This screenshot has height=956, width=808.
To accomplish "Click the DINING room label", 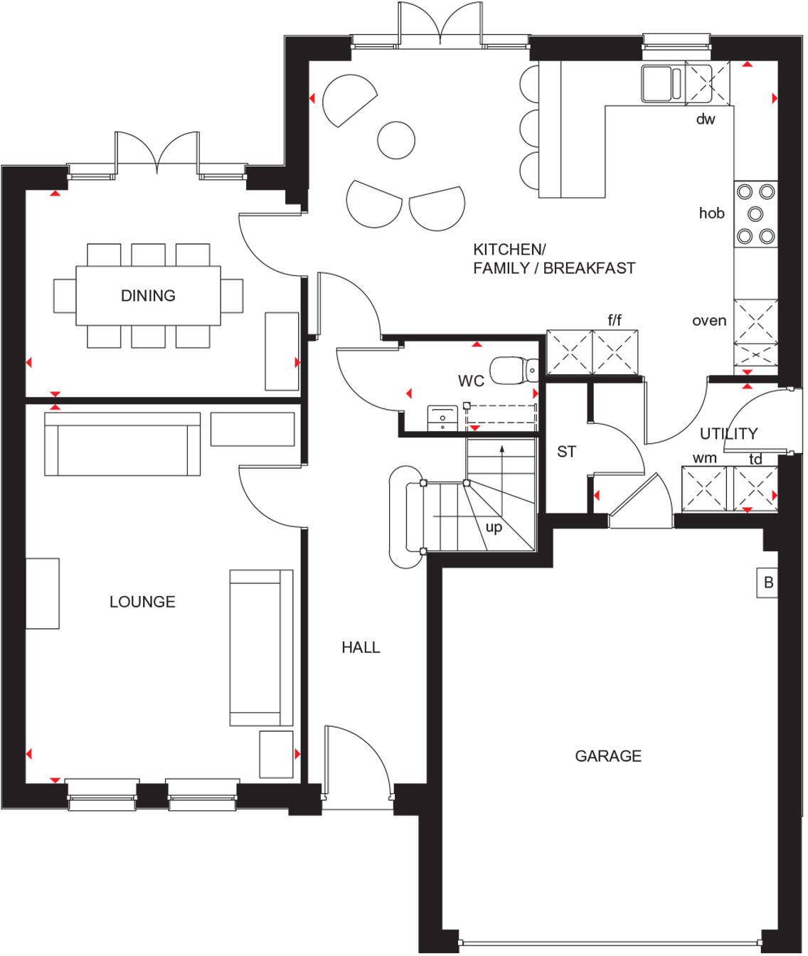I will (x=148, y=295).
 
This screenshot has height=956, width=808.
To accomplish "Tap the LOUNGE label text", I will (x=142, y=602).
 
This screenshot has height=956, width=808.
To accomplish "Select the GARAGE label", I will (x=608, y=756).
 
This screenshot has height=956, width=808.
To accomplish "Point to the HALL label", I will (x=361, y=647).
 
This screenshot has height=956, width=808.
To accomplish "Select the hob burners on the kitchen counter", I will (x=755, y=213).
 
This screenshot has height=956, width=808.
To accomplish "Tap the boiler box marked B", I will (x=767, y=583).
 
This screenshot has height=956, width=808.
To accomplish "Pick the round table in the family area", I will (x=396, y=139).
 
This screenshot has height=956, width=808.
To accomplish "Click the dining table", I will (x=148, y=295).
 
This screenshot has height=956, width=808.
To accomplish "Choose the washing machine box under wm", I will (x=703, y=489).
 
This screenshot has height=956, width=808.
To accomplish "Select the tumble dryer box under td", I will (x=755, y=489).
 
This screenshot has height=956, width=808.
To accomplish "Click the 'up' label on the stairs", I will (x=494, y=527).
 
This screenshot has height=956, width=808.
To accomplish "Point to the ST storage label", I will (x=566, y=452).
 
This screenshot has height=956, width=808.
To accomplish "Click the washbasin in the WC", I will (x=442, y=419).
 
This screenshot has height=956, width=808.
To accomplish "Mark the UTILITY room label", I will (x=728, y=433).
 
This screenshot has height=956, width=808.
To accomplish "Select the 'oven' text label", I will (x=709, y=321).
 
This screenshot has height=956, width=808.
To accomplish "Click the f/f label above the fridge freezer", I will (x=615, y=320).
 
